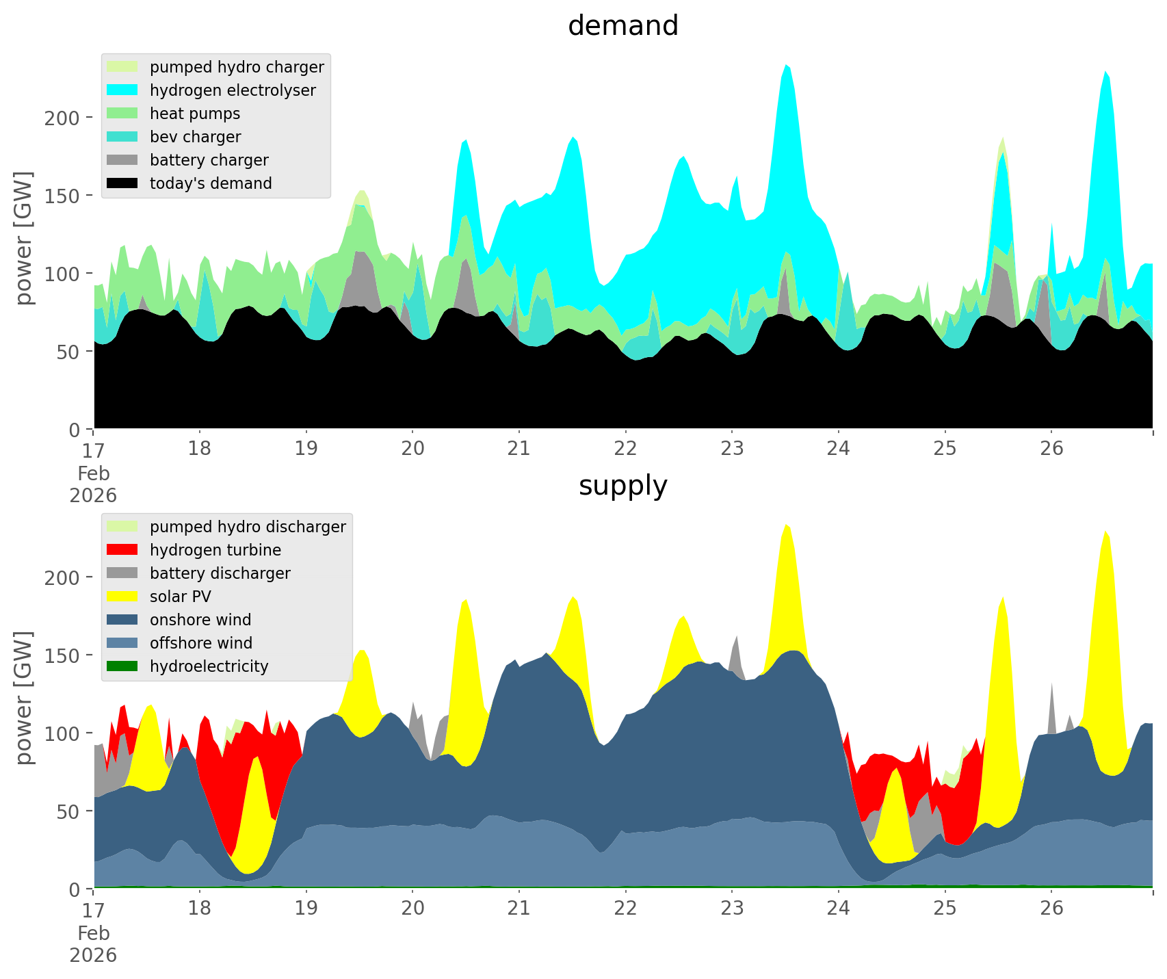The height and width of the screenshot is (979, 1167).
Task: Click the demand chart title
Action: pyautogui.click(x=622, y=26)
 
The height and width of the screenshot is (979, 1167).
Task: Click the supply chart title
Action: pyautogui.click(x=622, y=486)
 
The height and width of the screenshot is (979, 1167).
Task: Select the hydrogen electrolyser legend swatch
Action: pyautogui.click(x=122, y=90)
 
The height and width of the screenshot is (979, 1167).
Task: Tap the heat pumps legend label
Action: pyautogui.click(x=195, y=114)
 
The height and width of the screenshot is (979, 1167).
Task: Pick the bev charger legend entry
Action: pyautogui.click(x=195, y=137)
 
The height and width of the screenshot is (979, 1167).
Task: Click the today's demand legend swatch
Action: pyautogui.click(x=122, y=183)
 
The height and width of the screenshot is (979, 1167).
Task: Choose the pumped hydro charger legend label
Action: pyautogui.click(x=237, y=67)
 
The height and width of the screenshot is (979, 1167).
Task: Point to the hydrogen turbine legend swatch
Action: pyautogui.click(x=122, y=550)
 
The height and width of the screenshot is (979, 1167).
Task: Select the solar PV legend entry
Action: pyautogui.click(x=180, y=597)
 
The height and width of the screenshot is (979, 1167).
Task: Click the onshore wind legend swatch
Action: pyautogui.click(x=122, y=620)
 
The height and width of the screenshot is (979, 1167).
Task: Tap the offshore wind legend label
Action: pyautogui.click(x=201, y=643)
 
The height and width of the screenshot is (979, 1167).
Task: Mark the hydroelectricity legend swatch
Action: pyautogui.click(x=122, y=666)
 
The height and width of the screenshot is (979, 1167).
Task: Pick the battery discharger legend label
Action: pyautogui.click(x=220, y=573)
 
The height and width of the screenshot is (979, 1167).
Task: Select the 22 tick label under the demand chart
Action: pyautogui.click(x=625, y=449)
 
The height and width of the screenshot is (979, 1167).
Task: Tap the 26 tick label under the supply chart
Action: pyautogui.click(x=1051, y=909)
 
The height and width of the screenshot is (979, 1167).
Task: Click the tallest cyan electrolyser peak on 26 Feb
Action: pyautogui.click(x=1105, y=72)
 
